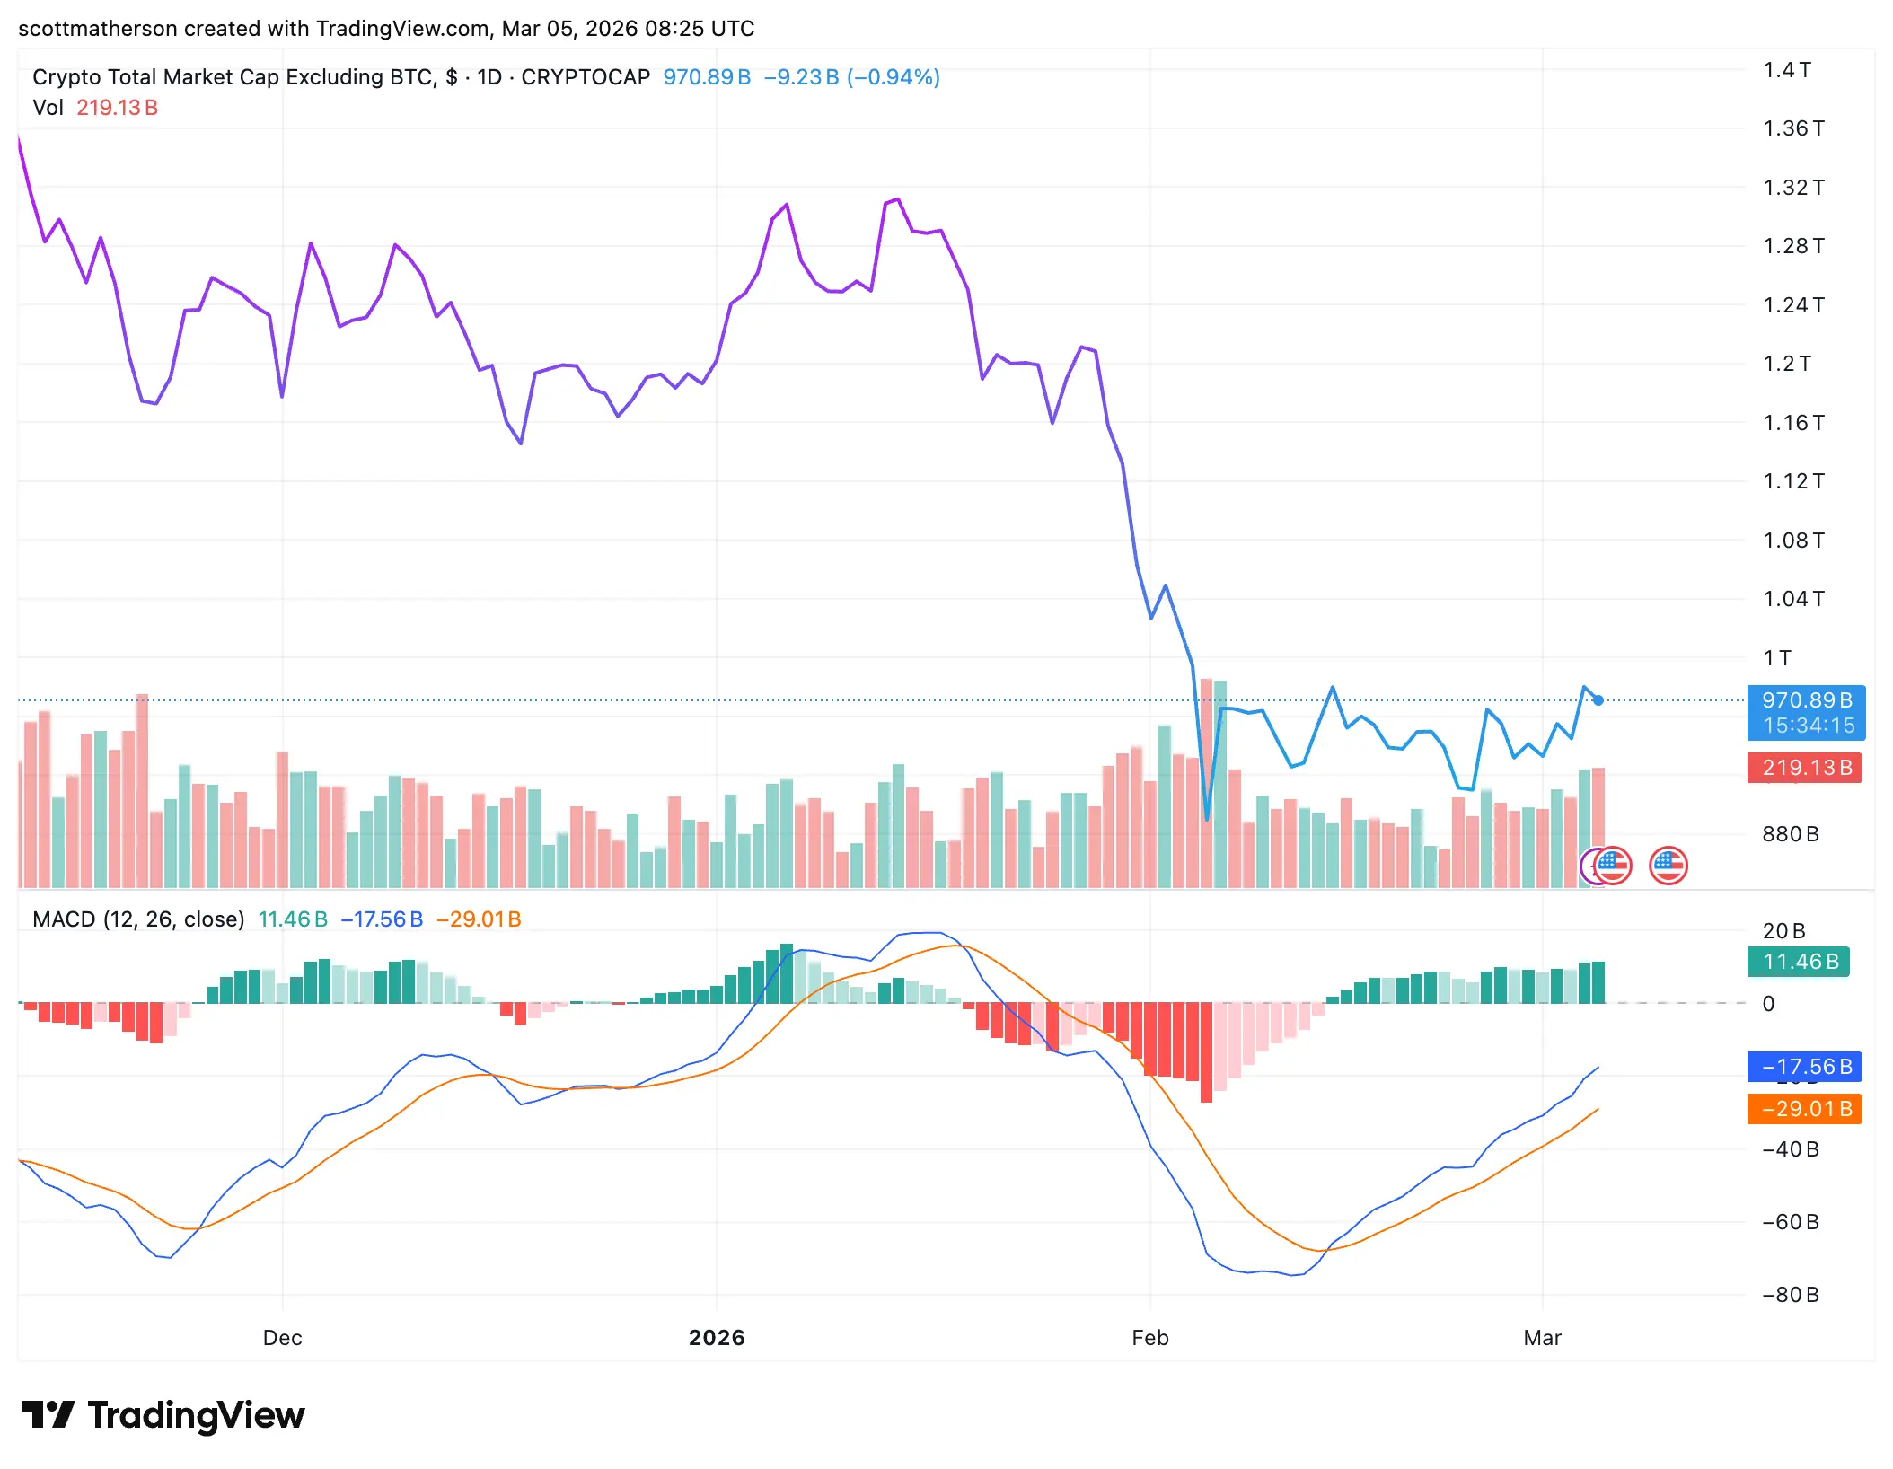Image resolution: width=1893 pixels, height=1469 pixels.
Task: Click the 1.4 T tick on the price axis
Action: coord(1786,70)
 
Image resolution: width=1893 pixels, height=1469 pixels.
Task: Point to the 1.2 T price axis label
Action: coord(1786,364)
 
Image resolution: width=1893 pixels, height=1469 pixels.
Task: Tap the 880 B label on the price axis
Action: coord(1790,834)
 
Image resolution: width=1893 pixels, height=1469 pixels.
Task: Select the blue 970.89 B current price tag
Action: coord(1806,701)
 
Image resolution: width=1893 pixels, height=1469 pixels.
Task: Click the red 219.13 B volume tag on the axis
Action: coord(1806,768)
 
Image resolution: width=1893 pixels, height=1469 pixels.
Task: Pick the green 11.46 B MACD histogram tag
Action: coord(1800,962)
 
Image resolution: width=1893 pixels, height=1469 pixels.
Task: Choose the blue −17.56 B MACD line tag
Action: coord(1806,1067)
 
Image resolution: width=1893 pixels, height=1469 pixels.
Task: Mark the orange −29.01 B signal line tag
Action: coord(1806,1109)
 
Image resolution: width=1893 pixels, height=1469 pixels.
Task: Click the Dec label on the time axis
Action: coord(282,1338)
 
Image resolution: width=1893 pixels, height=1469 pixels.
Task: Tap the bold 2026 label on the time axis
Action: coord(717,1338)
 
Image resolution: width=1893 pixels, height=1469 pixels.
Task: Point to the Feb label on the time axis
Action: coord(1150,1338)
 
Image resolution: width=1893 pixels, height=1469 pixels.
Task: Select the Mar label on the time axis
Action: coord(1542,1338)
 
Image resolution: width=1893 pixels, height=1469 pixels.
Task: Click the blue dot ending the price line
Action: coord(1598,700)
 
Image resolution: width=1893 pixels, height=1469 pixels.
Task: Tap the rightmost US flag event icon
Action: coord(1668,866)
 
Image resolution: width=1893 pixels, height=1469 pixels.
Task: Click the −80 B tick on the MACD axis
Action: coord(1790,1295)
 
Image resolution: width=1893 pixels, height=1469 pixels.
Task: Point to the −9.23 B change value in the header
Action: coord(801,77)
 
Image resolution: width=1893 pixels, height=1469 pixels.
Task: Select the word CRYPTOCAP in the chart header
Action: coord(586,77)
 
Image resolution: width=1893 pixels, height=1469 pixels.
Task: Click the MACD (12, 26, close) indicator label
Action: coord(138,919)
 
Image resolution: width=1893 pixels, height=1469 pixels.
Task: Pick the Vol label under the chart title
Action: coord(48,108)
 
